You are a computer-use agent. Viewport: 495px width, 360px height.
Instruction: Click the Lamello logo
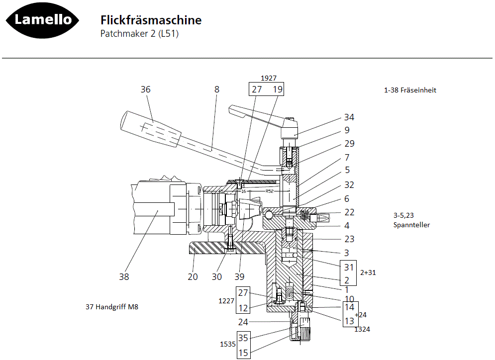(42, 20)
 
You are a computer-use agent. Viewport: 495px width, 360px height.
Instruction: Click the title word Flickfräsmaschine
(151, 20)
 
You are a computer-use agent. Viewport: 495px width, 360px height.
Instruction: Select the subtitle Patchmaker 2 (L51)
(139, 34)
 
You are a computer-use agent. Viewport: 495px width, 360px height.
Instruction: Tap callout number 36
(145, 90)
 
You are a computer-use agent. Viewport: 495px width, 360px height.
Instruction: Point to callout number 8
(216, 90)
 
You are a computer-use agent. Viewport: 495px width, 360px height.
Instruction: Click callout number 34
(349, 117)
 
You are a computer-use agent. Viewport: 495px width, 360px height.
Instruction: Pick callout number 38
(123, 277)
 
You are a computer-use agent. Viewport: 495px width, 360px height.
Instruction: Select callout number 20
(193, 277)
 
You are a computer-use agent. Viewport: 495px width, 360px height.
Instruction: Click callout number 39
(240, 277)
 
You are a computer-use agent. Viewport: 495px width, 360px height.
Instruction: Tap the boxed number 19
(278, 90)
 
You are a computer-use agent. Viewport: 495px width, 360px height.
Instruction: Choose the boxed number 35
(243, 338)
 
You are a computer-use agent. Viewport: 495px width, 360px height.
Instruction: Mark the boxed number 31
(349, 267)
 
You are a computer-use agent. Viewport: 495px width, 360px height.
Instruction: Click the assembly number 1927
(269, 78)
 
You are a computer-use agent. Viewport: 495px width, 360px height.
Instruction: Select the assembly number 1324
(362, 329)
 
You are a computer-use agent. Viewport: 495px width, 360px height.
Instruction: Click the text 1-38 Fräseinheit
(410, 90)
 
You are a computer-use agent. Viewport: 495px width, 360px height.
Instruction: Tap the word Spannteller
(411, 225)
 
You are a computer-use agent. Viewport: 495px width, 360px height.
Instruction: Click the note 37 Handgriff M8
(112, 307)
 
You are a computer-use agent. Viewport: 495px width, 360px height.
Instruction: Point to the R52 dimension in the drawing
(270, 191)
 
